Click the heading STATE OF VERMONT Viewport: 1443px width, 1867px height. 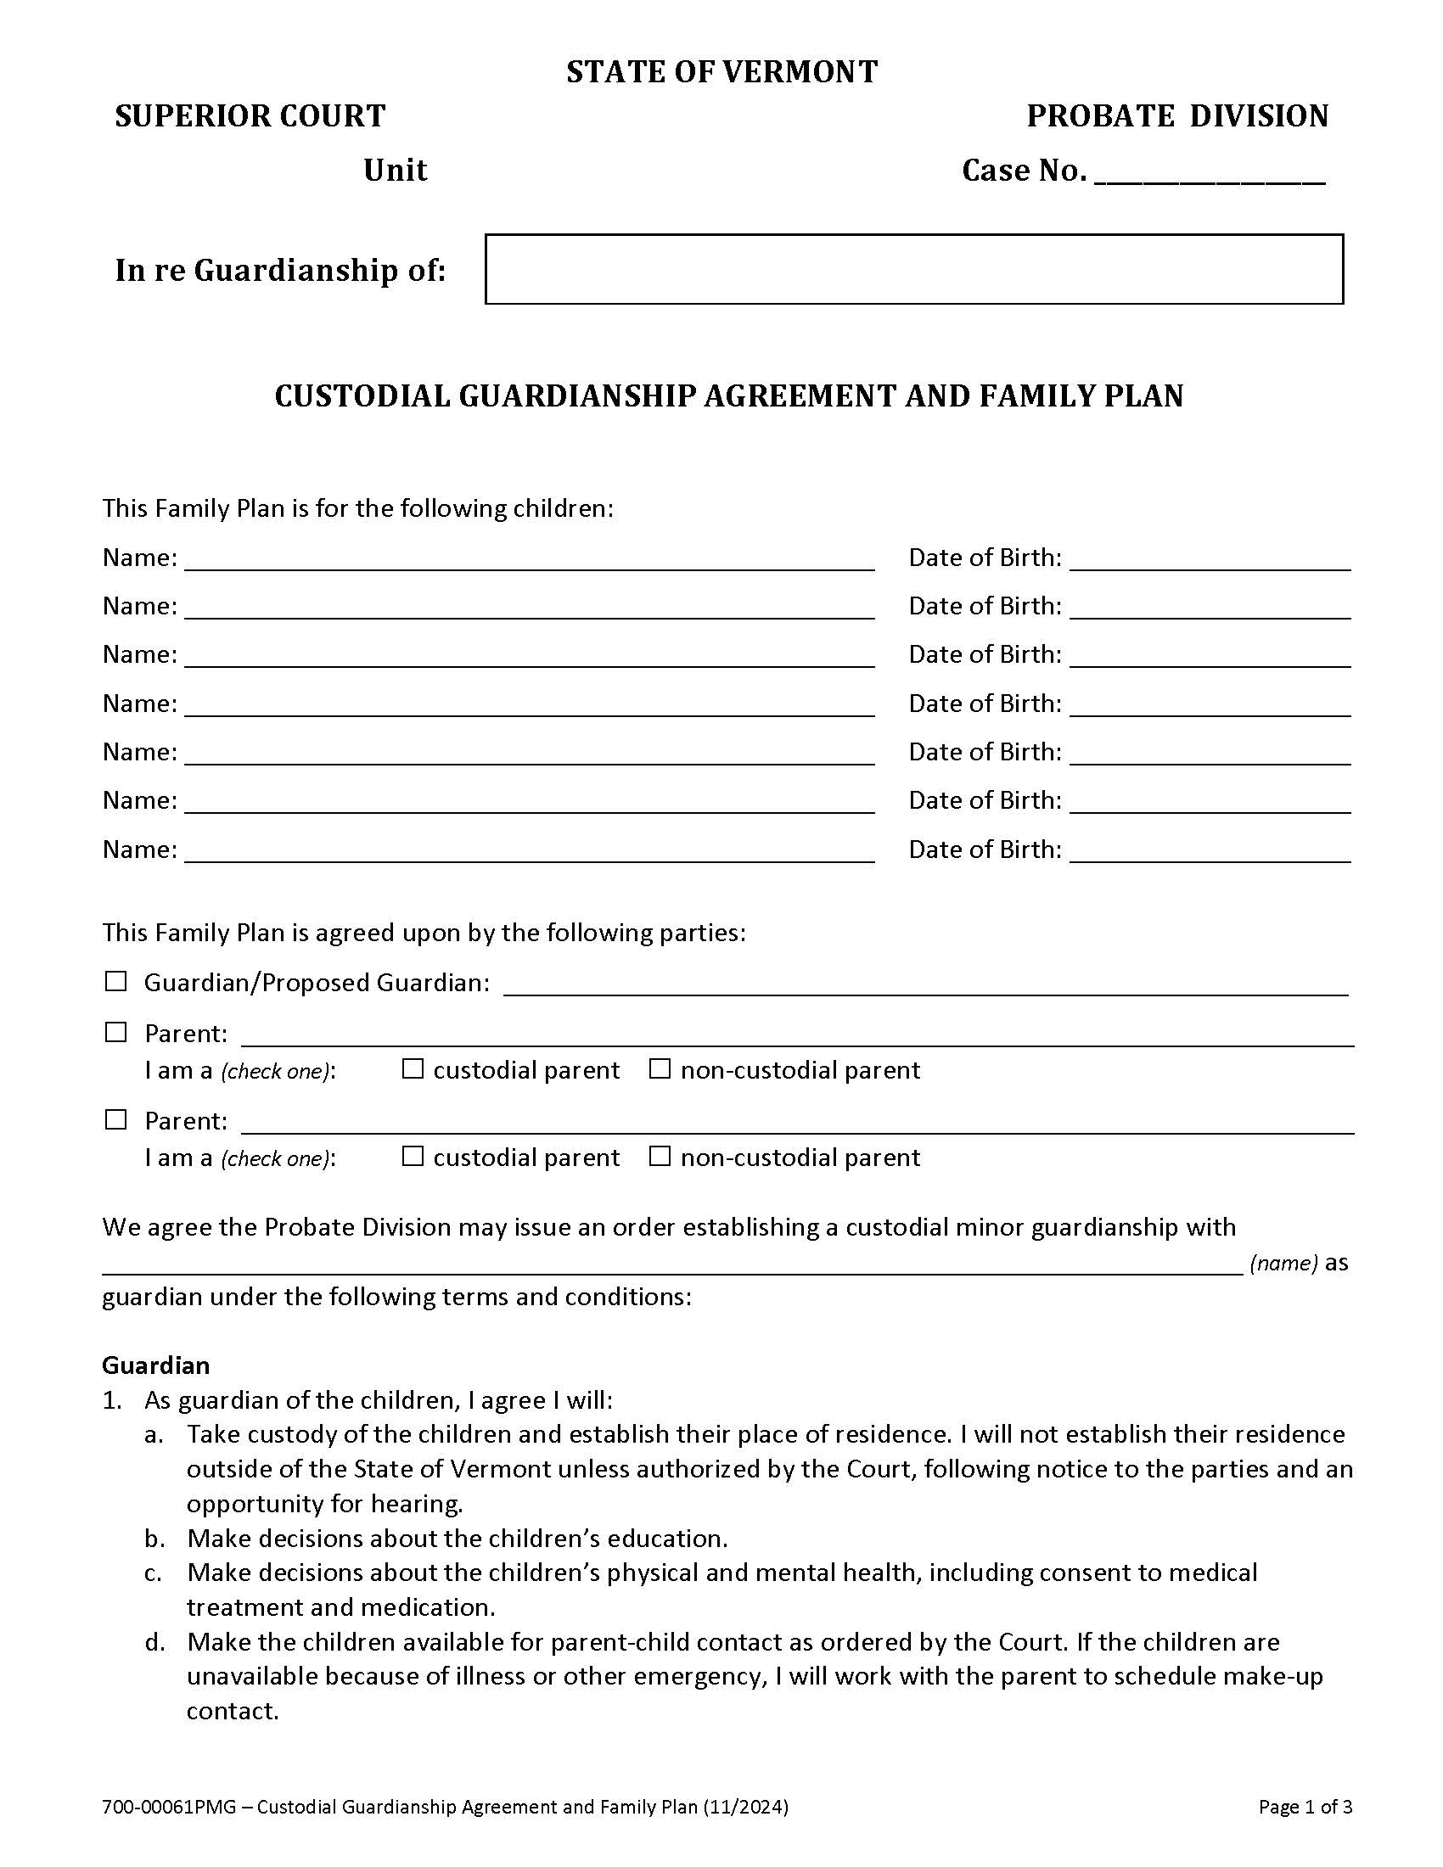(x=721, y=72)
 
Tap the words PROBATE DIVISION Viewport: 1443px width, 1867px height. (x=1177, y=116)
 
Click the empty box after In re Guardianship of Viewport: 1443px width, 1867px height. (x=914, y=269)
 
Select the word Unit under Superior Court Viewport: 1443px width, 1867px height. (x=395, y=170)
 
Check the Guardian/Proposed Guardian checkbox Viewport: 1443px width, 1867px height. (x=115, y=981)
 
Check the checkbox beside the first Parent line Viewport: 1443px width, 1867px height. (x=115, y=1033)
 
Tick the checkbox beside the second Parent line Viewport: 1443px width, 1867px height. (x=115, y=1120)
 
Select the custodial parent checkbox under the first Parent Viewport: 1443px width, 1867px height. (x=413, y=1069)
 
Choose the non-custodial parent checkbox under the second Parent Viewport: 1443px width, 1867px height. (x=659, y=1157)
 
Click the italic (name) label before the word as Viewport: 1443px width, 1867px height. (x=1283, y=1263)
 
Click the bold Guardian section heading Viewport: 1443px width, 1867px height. (x=155, y=1365)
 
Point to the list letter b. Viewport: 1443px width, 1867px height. (x=154, y=1539)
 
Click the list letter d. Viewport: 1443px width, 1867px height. (x=154, y=1642)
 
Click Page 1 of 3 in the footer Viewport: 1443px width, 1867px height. (x=1305, y=1807)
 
